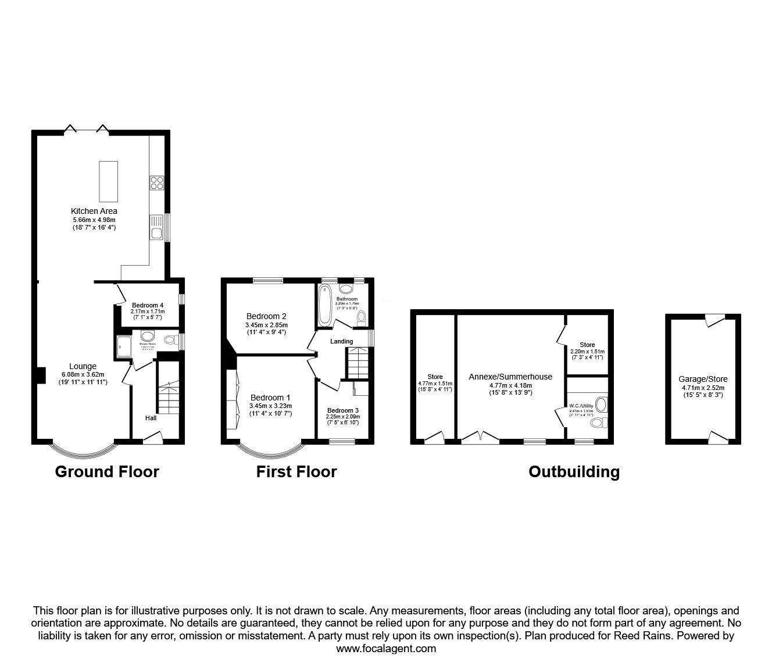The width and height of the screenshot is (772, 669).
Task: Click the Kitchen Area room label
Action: tap(94, 211)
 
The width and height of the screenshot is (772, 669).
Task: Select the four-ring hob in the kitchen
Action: tap(156, 183)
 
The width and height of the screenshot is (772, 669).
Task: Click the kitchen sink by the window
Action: tap(156, 227)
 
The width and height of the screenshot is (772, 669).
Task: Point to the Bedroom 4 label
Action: tap(147, 305)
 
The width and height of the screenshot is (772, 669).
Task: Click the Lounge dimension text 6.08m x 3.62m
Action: tap(83, 374)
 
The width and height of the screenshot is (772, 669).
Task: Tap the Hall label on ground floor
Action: tap(151, 418)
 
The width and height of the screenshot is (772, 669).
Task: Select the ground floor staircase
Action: tap(169, 395)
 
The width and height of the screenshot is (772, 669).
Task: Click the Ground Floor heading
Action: tap(107, 471)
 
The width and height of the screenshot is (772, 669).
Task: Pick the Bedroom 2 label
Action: tap(266, 316)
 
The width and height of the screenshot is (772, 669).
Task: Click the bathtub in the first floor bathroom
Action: tap(324, 305)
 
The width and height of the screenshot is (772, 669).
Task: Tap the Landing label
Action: tap(341, 341)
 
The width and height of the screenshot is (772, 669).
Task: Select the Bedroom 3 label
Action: tap(343, 410)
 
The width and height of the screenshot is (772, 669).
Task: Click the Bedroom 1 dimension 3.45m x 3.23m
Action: tap(270, 406)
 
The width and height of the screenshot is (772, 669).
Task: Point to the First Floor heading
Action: tap(296, 471)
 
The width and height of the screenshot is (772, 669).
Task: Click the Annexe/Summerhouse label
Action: tap(510, 377)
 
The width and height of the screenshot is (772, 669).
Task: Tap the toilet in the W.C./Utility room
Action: tap(597, 424)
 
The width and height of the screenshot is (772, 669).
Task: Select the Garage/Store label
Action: tap(703, 379)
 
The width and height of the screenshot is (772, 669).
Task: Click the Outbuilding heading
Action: tap(573, 471)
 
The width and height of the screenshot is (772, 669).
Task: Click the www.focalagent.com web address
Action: tap(386, 649)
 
